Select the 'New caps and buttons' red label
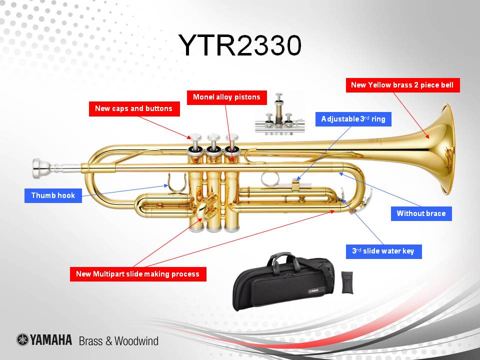click(134, 108)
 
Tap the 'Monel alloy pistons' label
click(226, 97)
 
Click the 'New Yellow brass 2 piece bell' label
click(402, 85)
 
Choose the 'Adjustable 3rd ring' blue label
click(353, 119)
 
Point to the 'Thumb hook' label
click(53, 195)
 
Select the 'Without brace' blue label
click(421, 213)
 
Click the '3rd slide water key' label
click(383, 251)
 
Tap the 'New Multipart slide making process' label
click(137, 274)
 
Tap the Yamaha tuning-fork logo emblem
click(22, 340)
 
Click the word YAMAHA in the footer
click(51, 340)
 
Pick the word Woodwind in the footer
click(136, 341)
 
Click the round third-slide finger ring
click(267, 179)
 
